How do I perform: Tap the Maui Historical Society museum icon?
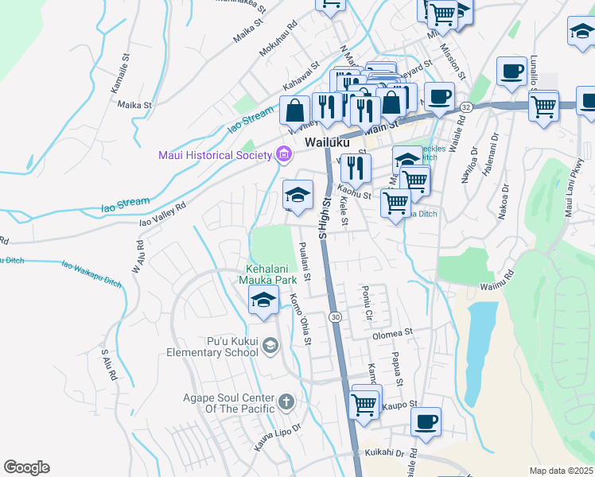pyautogui.click(x=282, y=155)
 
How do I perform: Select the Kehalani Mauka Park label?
pyautogui.click(x=265, y=274)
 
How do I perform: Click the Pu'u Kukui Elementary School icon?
pyautogui.click(x=271, y=344)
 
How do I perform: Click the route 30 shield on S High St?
pyautogui.click(x=336, y=317)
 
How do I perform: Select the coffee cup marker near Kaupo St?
pyautogui.click(x=426, y=421)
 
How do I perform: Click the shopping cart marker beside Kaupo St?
pyautogui.click(x=364, y=402)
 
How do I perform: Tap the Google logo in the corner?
pyautogui.click(x=25, y=467)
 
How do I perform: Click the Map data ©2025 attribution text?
pyautogui.click(x=560, y=471)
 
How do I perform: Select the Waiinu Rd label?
pyautogui.click(x=498, y=281)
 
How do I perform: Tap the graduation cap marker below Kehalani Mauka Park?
pyautogui.click(x=263, y=300)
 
